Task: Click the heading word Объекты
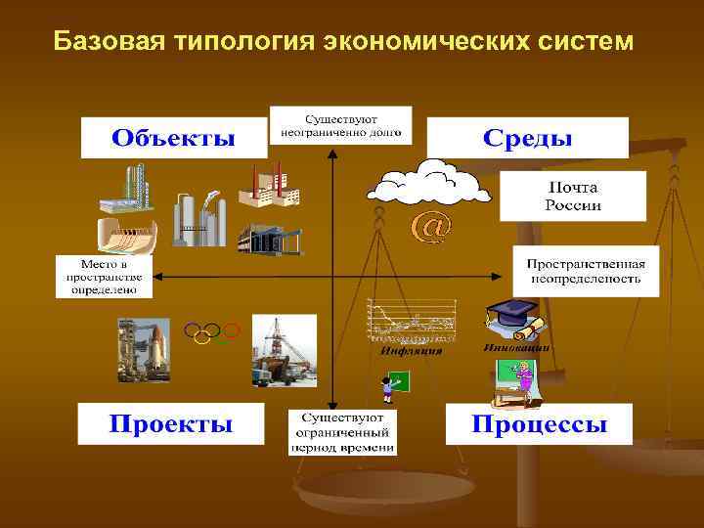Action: (173, 138)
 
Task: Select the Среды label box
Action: (527, 138)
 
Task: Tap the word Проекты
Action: (171, 424)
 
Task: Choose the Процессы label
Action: (539, 424)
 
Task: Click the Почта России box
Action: (573, 196)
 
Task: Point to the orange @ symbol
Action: (431, 227)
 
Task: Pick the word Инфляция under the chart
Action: (412, 350)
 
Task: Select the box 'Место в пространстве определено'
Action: (105, 277)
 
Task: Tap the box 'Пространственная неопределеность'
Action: (586, 272)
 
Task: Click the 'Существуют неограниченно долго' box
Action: (340, 124)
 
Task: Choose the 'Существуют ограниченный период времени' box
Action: (342, 432)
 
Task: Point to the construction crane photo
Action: (284, 348)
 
